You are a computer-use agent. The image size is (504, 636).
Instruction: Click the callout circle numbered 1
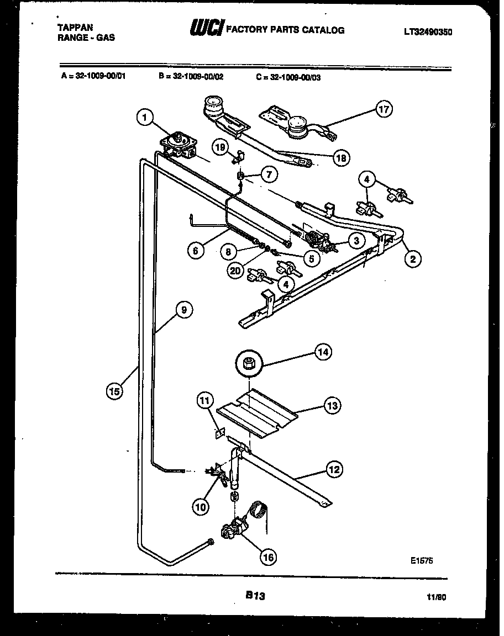point(144,117)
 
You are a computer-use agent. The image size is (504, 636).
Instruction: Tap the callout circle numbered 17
point(384,109)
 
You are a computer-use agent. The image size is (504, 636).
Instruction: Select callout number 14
point(323,351)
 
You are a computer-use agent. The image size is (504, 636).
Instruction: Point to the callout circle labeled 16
point(269,557)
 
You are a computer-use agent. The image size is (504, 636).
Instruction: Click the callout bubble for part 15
point(114,391)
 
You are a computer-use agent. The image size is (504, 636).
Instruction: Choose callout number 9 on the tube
point(184,310)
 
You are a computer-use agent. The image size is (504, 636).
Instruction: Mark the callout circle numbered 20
point(235,271)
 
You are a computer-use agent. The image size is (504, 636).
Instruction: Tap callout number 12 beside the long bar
point(334,470)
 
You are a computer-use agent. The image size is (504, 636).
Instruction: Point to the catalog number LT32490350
point(428,32)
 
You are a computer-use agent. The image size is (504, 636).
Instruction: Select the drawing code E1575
point(422,559)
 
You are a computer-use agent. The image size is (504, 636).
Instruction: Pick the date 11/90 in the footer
point(436,597)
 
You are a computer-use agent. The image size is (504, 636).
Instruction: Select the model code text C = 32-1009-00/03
point(288,77)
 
